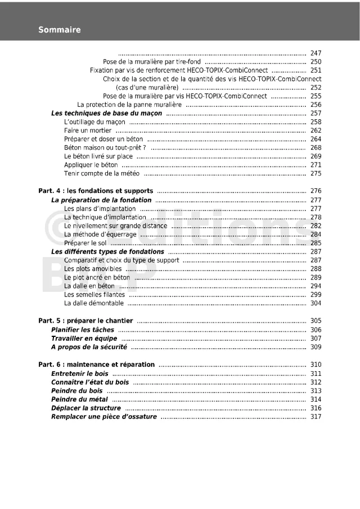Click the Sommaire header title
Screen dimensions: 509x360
pos(60,30)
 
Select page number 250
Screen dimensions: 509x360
pos(316,62)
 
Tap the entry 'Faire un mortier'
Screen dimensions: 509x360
pos(88,130)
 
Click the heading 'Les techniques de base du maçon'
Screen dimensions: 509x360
pos(106,113)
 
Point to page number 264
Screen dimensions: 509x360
pos(316,139)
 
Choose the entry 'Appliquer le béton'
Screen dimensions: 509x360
pos(91,165)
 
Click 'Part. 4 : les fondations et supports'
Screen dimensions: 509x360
pos(96,191)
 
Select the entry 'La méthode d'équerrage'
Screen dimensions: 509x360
pos(100,234)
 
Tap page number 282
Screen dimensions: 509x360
pos(316,226)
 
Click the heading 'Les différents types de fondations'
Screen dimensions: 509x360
pos(107,251)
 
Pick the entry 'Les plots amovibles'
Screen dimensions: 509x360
pos(93,269)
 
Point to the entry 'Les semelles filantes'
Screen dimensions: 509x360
pos(94,294)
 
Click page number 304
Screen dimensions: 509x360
pos(316,303)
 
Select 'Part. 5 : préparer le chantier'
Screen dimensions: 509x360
pos(85,321)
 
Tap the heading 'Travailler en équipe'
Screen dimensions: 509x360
pos(84,338)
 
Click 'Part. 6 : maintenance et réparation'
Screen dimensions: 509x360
pos(96,364)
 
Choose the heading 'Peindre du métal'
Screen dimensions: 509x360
pos(79,399)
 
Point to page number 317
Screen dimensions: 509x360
pos(316,417)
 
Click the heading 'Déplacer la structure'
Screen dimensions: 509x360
pos(86,408)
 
